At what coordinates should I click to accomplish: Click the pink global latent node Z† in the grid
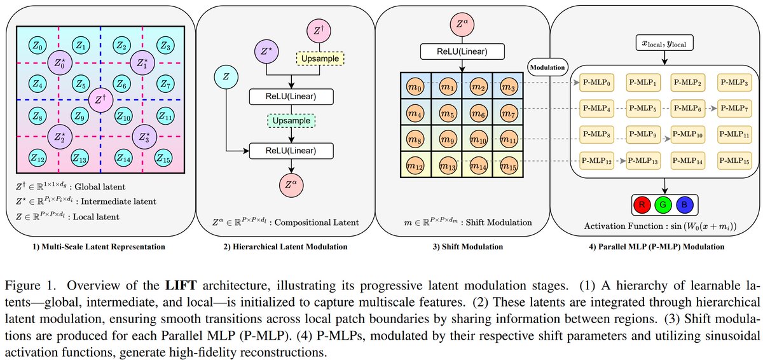(x=99, y=99)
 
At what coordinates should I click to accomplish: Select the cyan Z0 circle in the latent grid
(x=37, y=46)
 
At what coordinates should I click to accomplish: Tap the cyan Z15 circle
(x=164, y=156)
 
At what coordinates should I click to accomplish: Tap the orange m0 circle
(x=416, y=85)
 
